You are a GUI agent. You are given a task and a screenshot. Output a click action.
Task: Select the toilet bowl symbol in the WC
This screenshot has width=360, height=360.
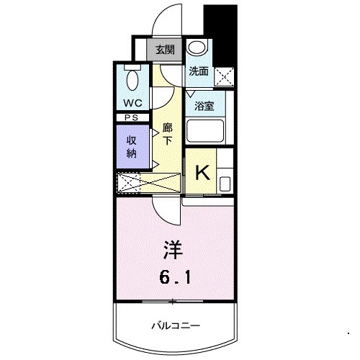click(x=132, y=77)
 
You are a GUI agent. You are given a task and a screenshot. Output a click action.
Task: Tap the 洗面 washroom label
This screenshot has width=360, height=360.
click(x=198, y=71)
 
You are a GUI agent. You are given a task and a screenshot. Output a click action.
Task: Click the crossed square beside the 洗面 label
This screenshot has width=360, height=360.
click(x=225, y=75)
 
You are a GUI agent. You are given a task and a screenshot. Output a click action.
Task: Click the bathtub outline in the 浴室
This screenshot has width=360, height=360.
click(x=206, y=131)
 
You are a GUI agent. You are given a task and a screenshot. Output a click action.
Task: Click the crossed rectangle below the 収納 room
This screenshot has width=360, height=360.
click(x=132, y=183)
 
